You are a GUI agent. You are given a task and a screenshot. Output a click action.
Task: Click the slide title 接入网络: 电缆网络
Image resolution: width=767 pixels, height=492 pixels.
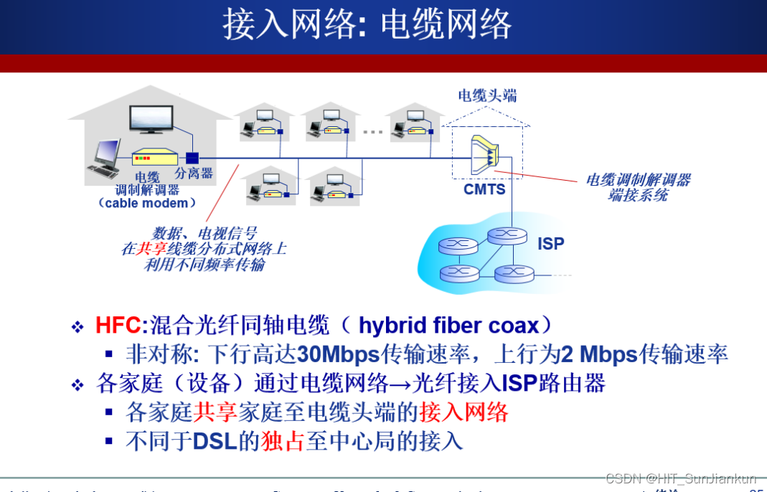[367, 26]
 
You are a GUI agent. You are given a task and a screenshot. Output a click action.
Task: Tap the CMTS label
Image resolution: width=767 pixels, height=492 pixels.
[484, 189]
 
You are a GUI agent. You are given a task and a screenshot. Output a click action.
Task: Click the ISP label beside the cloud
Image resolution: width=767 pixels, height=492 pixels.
[550, 244]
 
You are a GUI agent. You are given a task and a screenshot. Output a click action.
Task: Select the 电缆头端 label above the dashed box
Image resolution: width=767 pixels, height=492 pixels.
[487, 95]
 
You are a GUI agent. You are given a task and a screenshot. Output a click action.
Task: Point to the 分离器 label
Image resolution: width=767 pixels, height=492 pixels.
[194, 174]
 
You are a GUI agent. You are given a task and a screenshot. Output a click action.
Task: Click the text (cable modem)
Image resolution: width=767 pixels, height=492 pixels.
[147, 203]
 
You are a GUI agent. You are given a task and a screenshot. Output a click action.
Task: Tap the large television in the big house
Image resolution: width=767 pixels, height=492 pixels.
[151, 119]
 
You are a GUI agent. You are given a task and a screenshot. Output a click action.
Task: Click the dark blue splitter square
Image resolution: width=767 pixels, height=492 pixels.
[192, 158]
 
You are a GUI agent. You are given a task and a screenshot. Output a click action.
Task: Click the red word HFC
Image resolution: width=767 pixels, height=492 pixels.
[118, 326]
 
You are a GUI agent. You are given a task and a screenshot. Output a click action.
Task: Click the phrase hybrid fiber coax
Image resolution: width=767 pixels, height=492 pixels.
[448, 326]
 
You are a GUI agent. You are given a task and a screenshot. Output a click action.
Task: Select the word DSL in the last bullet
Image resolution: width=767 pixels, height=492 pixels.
[215, 440]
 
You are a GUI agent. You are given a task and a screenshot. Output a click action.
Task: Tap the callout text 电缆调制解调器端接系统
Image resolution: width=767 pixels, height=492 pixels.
[638, 187]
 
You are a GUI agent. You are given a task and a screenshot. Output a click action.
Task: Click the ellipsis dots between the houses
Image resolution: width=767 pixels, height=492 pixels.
[372, 131]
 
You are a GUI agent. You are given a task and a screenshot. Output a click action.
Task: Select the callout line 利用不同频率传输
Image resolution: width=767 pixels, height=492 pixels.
[204, 265]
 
